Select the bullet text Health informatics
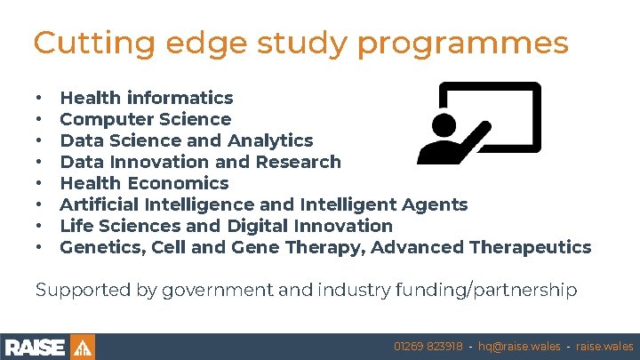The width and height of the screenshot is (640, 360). tap(147, 98)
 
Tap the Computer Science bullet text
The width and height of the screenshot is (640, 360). tap(145, 119)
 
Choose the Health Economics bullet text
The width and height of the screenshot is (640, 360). tap(144, 183)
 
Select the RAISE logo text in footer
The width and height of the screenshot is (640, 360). tap(36, 347)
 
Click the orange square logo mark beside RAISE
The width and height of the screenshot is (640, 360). tap(82, 347)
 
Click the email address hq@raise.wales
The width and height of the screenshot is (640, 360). tap(519, 347)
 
